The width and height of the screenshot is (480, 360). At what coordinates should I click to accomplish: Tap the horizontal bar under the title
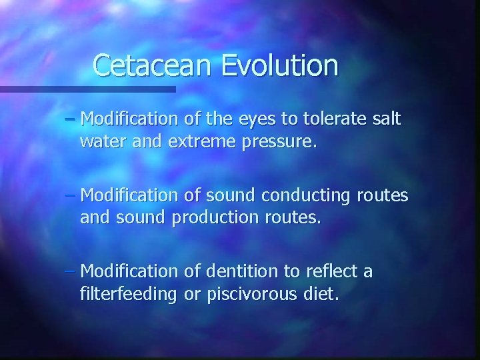(x=87, y=89)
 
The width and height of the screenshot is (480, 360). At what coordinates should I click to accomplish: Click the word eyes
(x=255, y=120)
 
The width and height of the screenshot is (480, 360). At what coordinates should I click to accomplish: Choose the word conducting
(x=298, y=196)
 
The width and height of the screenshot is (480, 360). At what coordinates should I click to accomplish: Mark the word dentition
(x=241, y=272)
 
